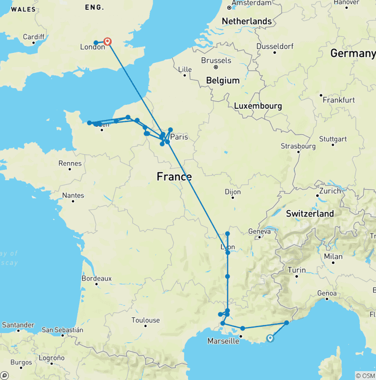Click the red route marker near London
[107, 42]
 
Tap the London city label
[92, 47]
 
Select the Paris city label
[179, 137]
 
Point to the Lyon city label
[228, 247]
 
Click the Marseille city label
[223, 341]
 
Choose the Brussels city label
[216, 60]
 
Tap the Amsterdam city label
[251, 3]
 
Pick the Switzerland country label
[310, 214]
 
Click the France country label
[174, 177]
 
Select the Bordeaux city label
[96, 278]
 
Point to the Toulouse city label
[145, 320]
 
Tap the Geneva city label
[259, 231]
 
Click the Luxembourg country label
[258, 106]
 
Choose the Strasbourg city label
[298, 146]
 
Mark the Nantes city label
[73, 195]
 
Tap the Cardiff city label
[34, 37]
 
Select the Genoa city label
[328, 293]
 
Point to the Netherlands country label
[247, 21]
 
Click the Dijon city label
[233, 192]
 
